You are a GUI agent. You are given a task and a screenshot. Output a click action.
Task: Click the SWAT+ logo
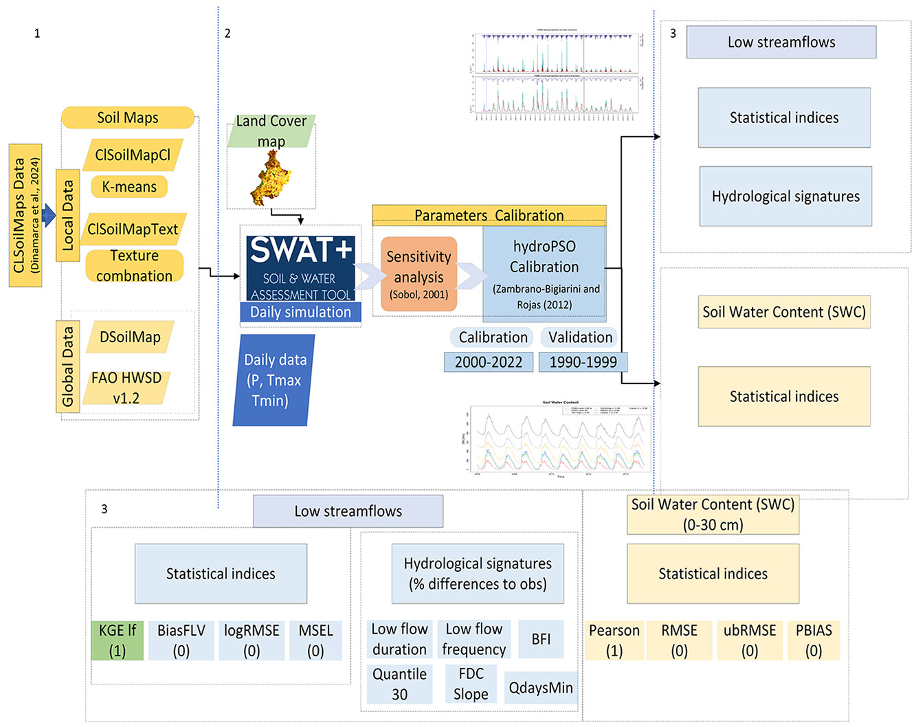300,267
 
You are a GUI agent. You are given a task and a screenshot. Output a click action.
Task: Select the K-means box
129,187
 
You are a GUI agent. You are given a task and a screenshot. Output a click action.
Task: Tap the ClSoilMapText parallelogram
133,230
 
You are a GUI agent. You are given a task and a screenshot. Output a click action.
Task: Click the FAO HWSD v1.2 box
126,388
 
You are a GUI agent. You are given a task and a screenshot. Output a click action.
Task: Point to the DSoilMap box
130,337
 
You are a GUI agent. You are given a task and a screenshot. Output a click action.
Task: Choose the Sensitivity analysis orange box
418,274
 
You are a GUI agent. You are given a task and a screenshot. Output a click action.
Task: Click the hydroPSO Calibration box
544,274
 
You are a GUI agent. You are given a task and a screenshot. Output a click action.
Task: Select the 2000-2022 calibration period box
489,362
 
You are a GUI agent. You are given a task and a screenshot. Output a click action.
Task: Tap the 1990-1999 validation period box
583,362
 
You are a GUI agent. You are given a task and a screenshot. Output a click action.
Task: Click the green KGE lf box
118,640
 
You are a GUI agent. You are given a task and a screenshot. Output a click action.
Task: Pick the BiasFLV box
181,640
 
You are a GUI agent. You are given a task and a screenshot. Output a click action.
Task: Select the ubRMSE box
750,640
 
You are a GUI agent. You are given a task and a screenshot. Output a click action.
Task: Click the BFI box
541,639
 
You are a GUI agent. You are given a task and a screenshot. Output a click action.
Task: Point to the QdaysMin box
541,688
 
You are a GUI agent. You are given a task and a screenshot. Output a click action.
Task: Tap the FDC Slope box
471,684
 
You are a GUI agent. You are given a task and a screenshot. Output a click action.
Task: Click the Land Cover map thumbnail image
270,178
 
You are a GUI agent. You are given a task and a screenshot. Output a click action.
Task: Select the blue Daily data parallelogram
273,380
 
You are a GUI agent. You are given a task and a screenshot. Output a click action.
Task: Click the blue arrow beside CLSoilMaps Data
48,216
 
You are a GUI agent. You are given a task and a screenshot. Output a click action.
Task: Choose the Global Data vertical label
68,366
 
